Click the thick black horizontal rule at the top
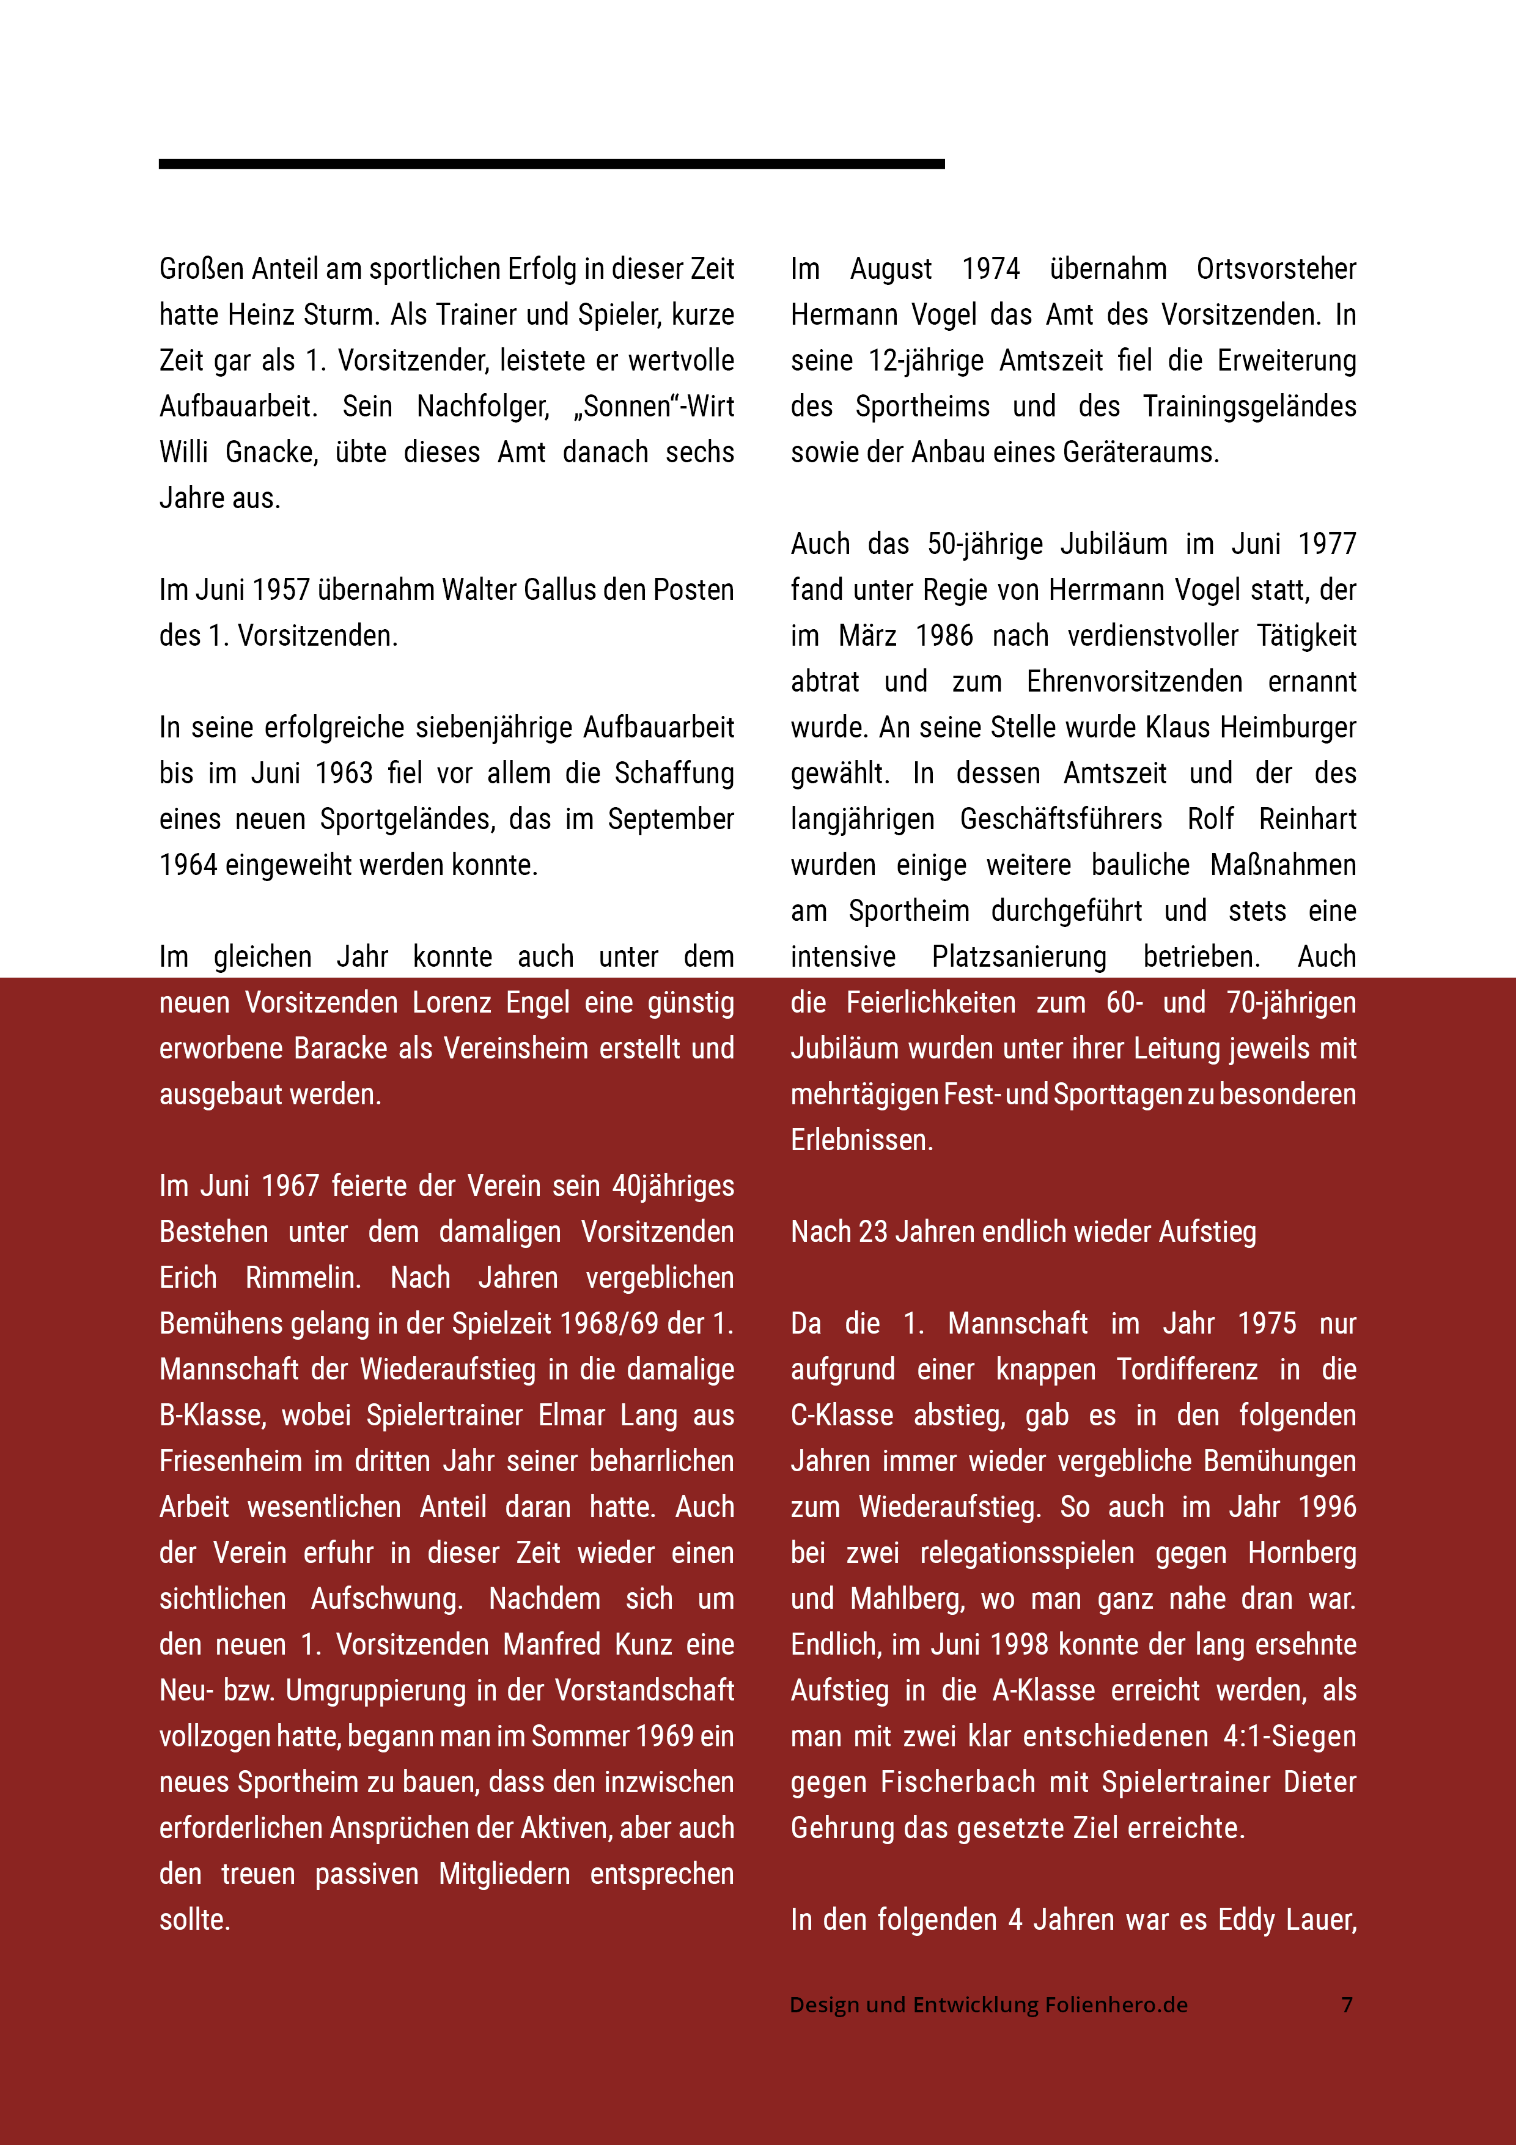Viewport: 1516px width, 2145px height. tap(551, 163)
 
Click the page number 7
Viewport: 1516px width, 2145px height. tap(1347, 2005)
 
